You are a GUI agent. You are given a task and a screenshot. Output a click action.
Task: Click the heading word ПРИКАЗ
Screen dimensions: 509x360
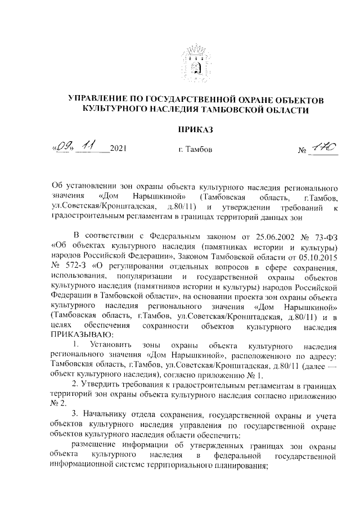point(195,130)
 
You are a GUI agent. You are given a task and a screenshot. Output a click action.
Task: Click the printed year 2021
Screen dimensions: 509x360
point(118,150)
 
